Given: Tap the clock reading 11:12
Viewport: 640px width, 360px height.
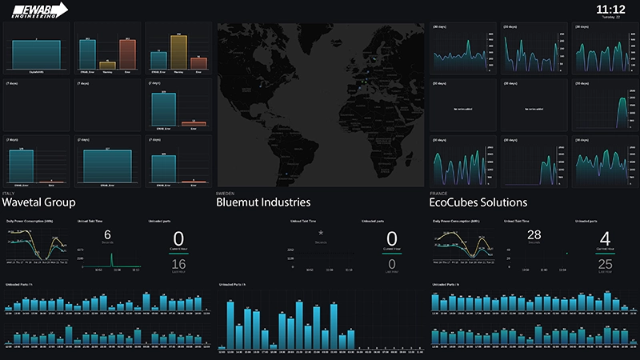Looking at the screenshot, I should click(x=610, y=9).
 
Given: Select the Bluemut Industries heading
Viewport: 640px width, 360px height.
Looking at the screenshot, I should click(x=263, y=202).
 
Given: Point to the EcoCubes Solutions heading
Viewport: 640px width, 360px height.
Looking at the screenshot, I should click(x=478, y=202).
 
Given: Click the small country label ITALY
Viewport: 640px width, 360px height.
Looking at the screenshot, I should click(x=7, y=193).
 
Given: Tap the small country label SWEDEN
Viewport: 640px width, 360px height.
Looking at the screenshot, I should click(x=224, y=193).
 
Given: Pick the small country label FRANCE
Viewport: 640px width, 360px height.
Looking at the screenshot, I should click(x=438, y=193).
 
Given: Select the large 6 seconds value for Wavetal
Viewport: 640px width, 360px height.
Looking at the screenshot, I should click(x=107, y=234).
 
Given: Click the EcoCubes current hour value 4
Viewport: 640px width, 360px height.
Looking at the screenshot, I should click(x=605, y=238).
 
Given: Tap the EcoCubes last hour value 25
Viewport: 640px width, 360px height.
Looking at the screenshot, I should click(x=605, y=265).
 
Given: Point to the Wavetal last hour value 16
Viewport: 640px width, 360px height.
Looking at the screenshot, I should click(x=178, y=265).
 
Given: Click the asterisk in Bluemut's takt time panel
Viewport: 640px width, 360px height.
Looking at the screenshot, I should click(x=321, y=233).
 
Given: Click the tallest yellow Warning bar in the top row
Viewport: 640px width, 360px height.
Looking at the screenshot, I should click(x=178, y=50).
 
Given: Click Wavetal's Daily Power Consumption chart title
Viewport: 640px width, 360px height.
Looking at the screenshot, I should click(x=30, y=220).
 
